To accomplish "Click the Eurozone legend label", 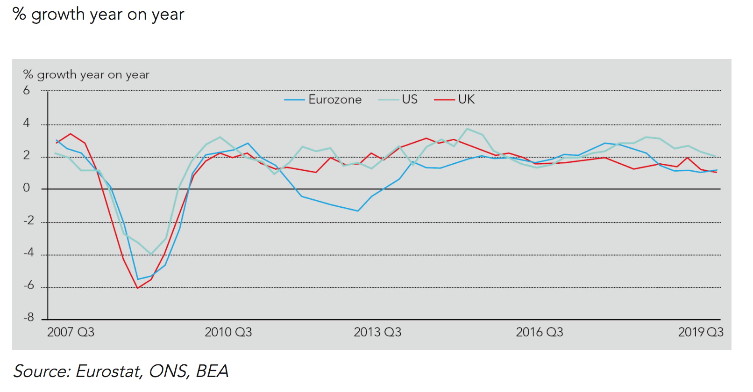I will pos(335,100).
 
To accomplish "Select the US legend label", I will pos(410,99).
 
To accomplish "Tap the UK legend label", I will pos(466,99).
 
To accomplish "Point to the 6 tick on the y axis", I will pos(27,91).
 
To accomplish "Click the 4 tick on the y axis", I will pos(27,123).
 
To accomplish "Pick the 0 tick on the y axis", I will pos(27,188).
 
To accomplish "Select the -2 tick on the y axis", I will pos(29,220).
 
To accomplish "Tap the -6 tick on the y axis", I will pos(29,285).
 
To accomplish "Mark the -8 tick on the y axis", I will pos(29,318).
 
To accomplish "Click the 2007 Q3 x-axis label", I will pos(71,332).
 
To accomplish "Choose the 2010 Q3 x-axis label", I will pos(228,332).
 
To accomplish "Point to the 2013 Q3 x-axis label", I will pos(377,332).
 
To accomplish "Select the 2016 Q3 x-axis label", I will pos(540,332).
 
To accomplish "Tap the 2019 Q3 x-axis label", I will pos(701,332).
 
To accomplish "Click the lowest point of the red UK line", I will pos(138,288).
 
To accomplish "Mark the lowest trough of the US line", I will pos(150,254).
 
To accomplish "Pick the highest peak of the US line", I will pos(467,129).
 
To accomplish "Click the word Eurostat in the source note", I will pos(108,371).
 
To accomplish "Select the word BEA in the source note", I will pos(212,371).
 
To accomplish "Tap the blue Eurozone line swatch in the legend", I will pos(294,100).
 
